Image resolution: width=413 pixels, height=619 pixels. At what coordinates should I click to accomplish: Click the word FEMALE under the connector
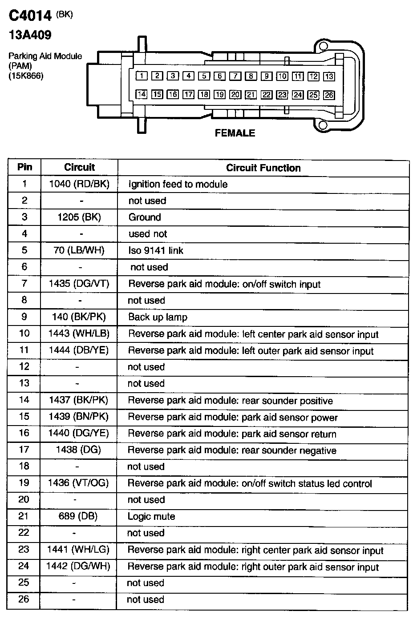click(x=235, y=133)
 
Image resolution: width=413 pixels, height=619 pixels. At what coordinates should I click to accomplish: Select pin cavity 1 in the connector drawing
click(x=142, y=76)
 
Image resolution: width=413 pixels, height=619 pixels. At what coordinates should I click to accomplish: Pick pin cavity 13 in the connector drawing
click(x=329, y=76)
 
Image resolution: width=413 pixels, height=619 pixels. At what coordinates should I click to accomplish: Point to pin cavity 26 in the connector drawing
click(x=329, y=95)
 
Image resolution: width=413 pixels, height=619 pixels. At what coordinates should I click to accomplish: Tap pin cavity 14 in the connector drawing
click(x=142, y=94)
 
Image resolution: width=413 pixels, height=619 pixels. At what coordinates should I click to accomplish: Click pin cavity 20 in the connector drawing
click(x=235, y=94)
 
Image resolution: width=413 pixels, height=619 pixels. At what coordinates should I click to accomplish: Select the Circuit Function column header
click(x=263, y=168)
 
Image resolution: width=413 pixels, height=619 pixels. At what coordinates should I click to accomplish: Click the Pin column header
click(x=24, y=167)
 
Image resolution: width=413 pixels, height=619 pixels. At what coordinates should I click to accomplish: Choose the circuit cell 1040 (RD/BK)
click(x=79, y=184)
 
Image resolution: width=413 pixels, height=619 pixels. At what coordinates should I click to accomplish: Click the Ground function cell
click(x=145, y=217)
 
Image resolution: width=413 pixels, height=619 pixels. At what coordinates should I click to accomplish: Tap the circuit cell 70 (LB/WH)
click(x=79, y=250)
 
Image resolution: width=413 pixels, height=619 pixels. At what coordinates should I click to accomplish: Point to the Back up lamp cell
click(x=158, y=318)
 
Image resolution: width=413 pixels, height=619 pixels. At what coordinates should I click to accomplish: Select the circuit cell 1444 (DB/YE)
click(x=79, y=350)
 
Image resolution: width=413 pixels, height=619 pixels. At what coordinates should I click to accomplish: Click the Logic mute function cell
click(x=151, y=517)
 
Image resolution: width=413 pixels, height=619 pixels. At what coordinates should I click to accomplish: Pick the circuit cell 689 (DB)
click(x=78, y=516)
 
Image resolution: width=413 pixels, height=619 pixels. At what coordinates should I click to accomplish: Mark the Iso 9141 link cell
click(x=156, y=251)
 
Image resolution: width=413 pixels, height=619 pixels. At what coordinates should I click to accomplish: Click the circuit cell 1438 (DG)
click(x=78, y=450)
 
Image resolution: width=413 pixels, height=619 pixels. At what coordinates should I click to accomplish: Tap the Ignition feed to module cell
click(x=178, y=185)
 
